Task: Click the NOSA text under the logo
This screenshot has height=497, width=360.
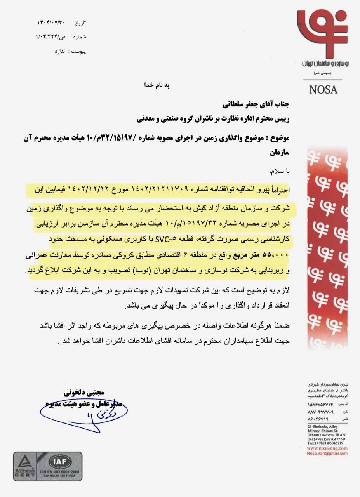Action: point(323,90)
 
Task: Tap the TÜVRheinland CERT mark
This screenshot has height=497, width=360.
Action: point(29,466)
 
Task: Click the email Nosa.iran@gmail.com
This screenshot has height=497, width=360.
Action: point(327,453)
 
